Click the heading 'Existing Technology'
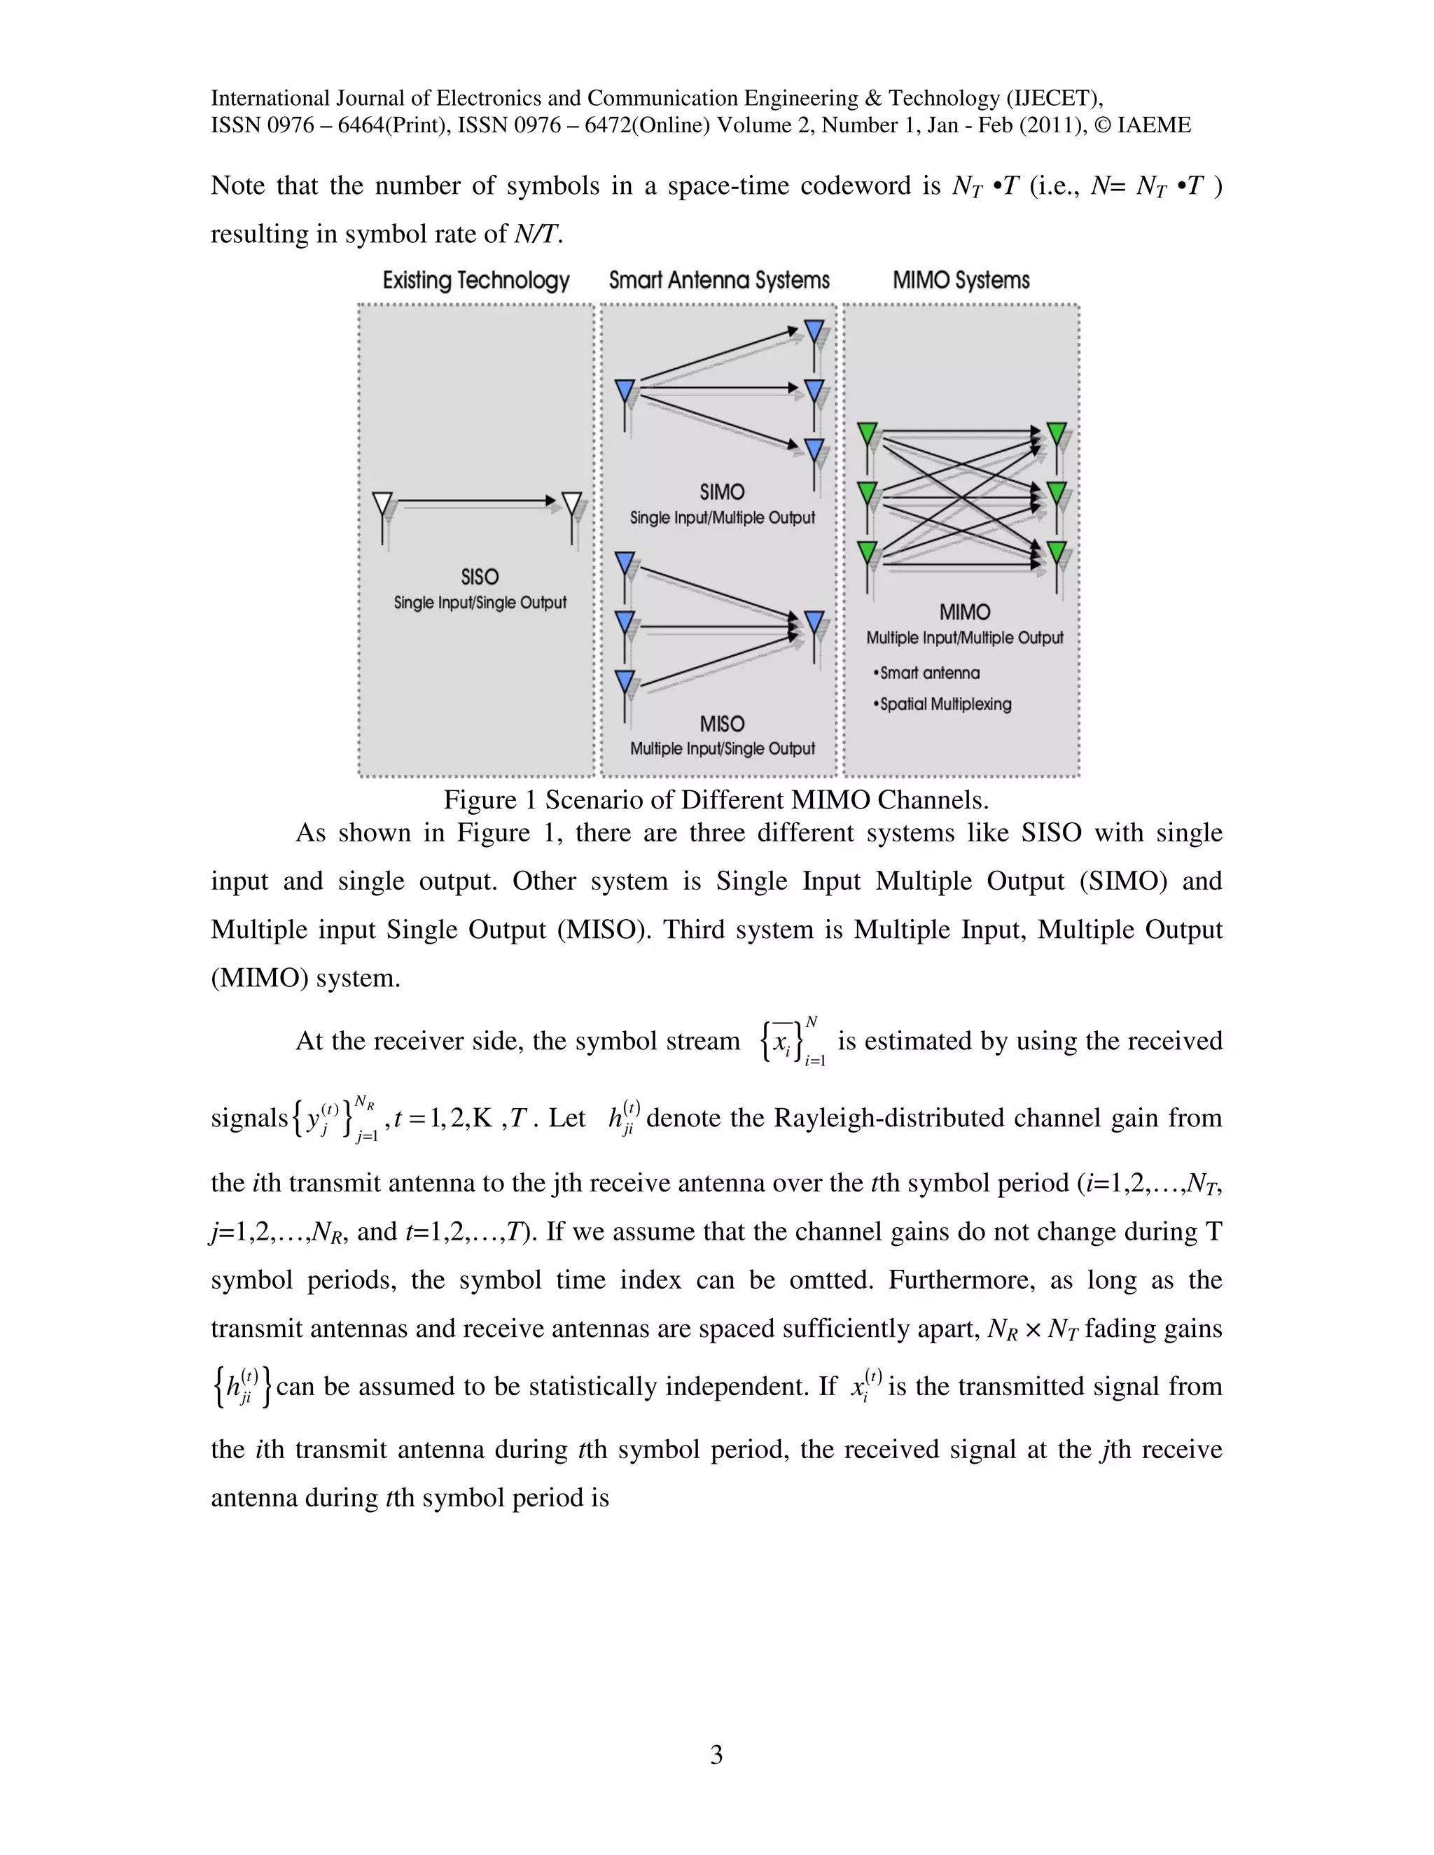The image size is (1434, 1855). [x=475, y=281]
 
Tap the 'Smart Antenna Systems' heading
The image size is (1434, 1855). [x=718, y=281]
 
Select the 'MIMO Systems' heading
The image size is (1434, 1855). [x=961, y=281]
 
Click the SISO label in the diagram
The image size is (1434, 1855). [x=479, y=577]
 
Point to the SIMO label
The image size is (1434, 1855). [x=722, y=493]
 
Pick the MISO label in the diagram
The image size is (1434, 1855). [x=722, y=724]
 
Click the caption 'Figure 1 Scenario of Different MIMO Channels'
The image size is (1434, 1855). [x=716, y=800]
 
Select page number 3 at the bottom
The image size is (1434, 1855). [x=716, y=1754]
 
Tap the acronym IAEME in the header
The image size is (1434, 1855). [x=1154, y=126]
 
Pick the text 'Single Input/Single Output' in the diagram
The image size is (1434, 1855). [x=480, y=603]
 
